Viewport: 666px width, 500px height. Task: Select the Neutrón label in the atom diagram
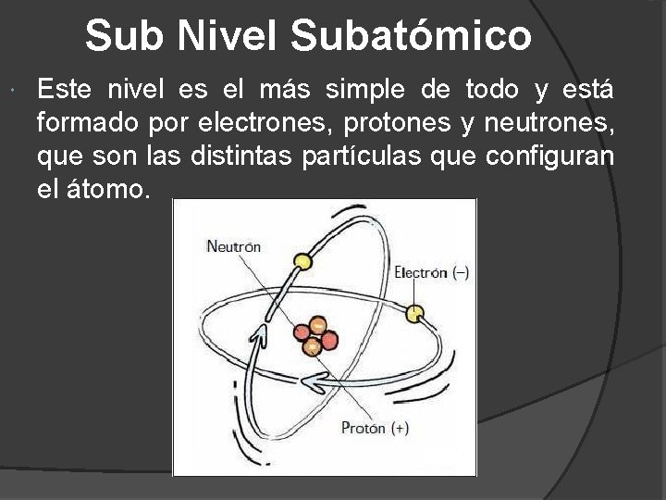pos(233,246)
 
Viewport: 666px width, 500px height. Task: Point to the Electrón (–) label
pos(430,272)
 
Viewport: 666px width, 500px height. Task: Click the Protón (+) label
pos(375,428)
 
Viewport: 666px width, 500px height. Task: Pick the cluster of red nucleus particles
pos(312,337)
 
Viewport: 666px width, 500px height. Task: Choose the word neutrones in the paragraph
pos(550,123)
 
